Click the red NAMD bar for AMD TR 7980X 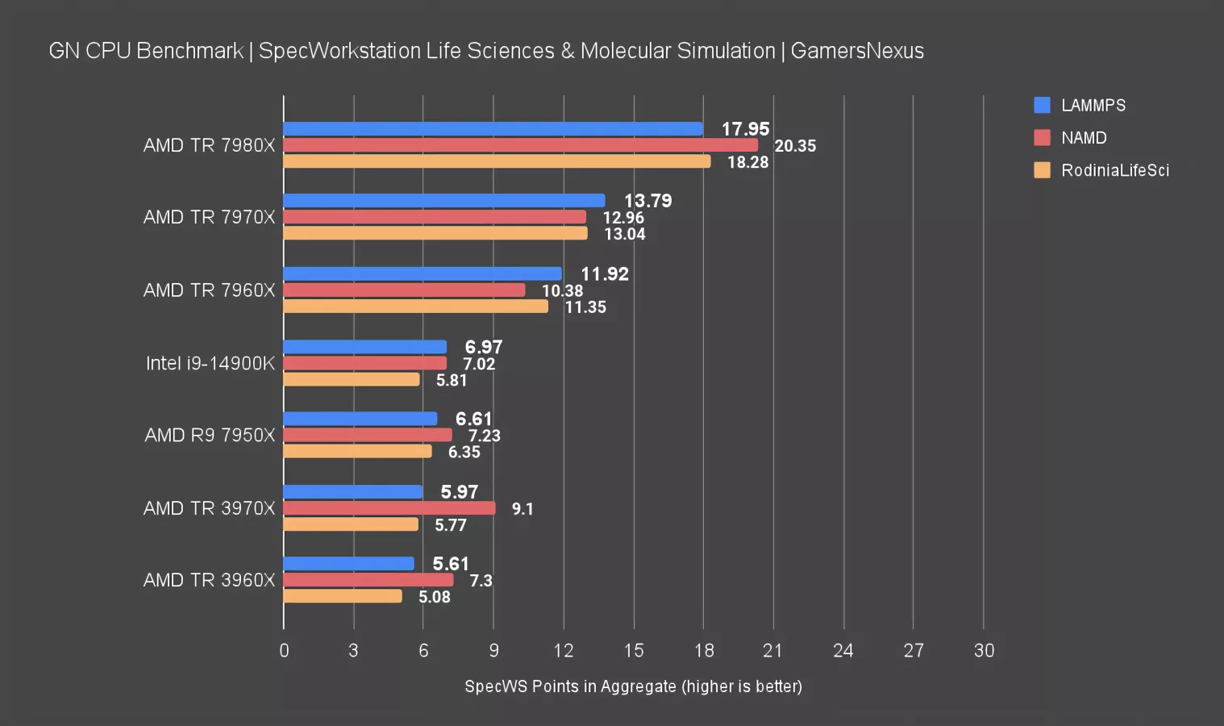pyautogui.click(x=520, y=145)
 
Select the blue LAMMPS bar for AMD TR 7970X pyautogui.click(x=443, y=201)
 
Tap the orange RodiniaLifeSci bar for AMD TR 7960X pyautogui.click(x=415, y=307)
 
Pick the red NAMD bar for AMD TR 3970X pyautogui.click(x=389, y=508)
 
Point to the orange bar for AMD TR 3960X pyautogui.click(x=343, y=596)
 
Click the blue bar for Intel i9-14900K pyautogui.click(x=364, y=347)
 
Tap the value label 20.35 pyautogui.click(x=795, y=146)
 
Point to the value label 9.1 pyautogui.click(x=522, y=509)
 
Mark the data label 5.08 pyautogui.click(x=434, y=597)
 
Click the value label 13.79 pyautogui.click(x=647, y=201)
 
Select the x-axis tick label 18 pyautogui.click(x=703, y=651)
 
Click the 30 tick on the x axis pyautogui.click(x=984, y=651)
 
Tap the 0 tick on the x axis pyautogui.click(x=284, y=651)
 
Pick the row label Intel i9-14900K pyautogui.click(x=210, y=363)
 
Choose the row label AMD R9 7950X pyautogui.click(x=210, y=436)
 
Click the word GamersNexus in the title pyautogui.click(x=857, y=51)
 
